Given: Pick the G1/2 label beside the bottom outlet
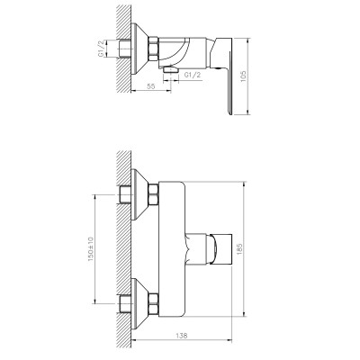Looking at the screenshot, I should (192, 75).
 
